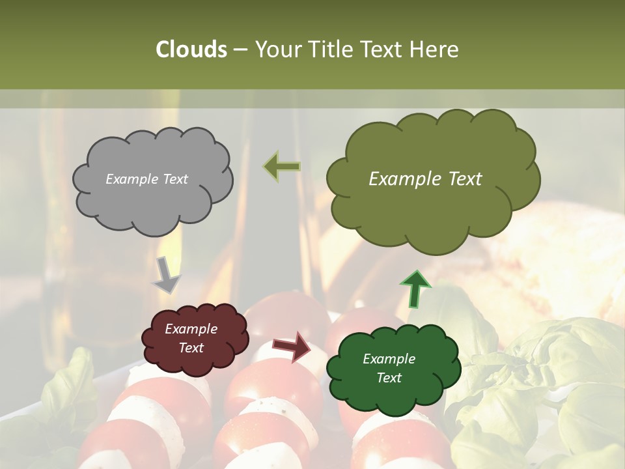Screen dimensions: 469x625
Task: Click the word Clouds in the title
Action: [x=191, y=50]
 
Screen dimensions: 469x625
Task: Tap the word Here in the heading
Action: [x=435, y=50]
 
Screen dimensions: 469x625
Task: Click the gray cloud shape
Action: [x=152, y=202]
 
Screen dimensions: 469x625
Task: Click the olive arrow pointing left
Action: [x=282, y=167]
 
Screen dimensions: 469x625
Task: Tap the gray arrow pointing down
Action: [x=166, y=275]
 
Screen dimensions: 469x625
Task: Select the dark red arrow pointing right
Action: [x=292, y=346]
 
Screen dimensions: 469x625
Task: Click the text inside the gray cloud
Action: [x=146, y=179]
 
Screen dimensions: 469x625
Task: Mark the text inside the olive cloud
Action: [x=425, y=179]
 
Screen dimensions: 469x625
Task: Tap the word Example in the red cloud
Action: [x=191, y=329]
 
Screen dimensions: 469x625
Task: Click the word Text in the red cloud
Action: [x=191, y=348]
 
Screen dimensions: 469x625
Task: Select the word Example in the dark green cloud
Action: [x=389, y=359]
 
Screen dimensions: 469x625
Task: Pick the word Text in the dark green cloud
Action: [x=389, y=378]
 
